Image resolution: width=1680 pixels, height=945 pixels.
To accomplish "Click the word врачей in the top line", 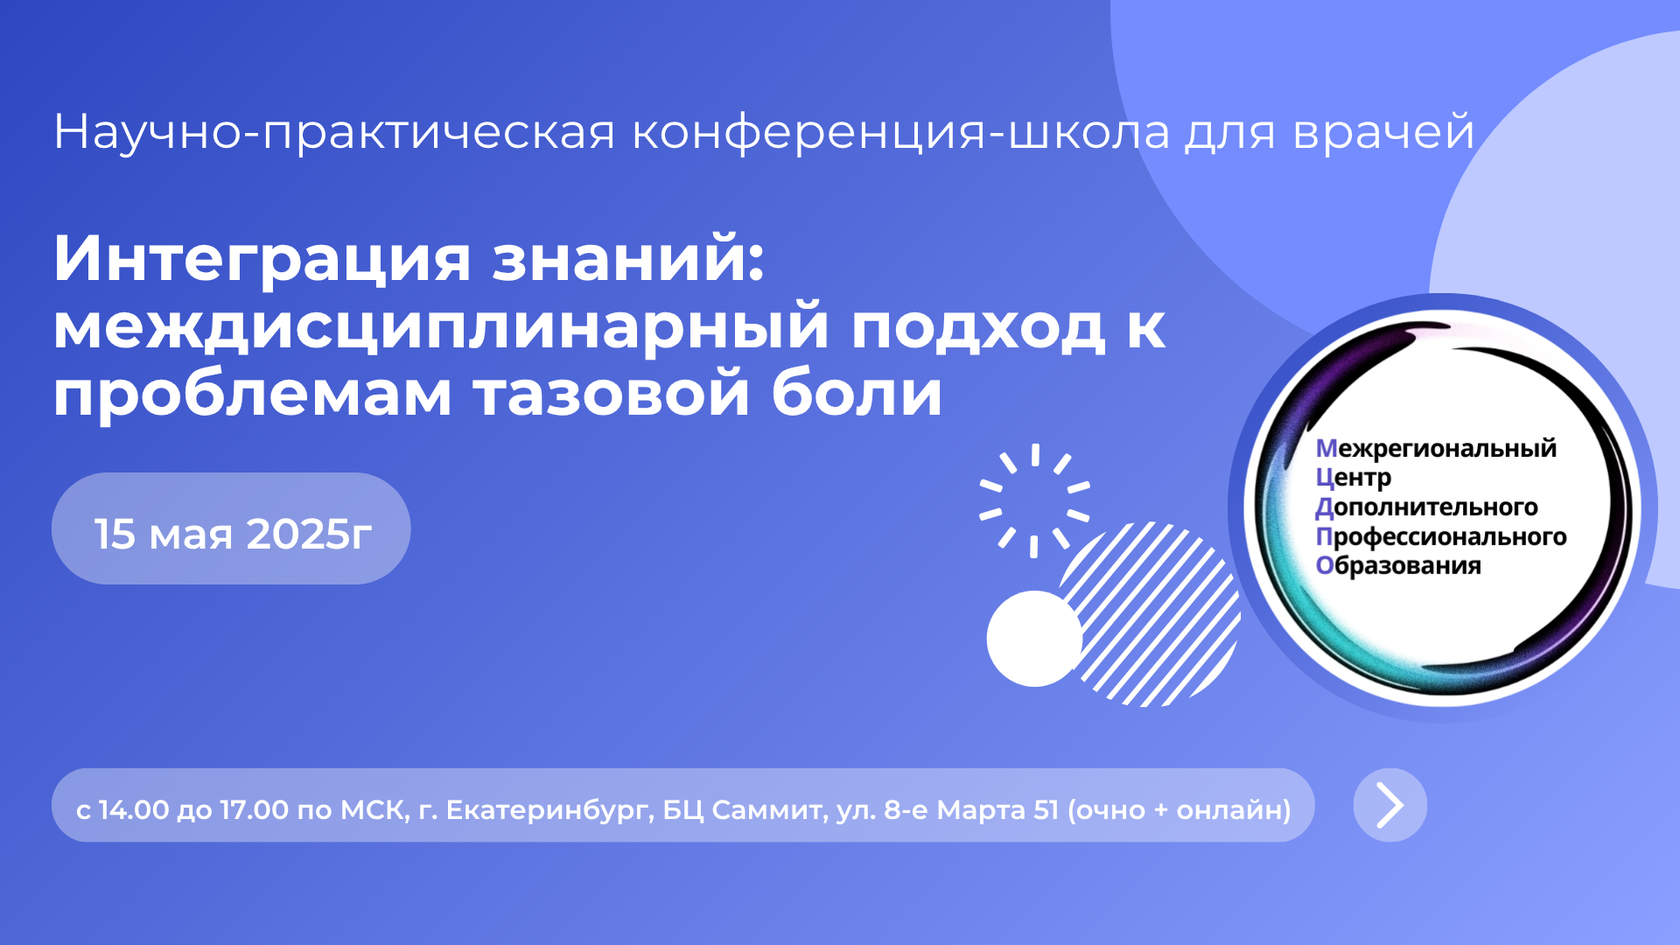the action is click(x=1383, y=132).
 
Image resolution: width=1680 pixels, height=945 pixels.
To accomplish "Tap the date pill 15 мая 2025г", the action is click(x=231, y=528).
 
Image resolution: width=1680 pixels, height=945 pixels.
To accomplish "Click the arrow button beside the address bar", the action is click(x=1389, y=805).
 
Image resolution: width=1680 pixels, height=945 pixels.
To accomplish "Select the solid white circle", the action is click(x=1034, y=639).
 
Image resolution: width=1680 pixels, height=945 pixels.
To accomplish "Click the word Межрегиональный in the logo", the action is click(x=1436, y=448).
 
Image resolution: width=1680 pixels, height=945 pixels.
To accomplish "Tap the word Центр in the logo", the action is click(x=1353, y=478).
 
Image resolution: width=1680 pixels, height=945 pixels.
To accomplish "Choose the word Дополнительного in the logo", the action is click(x=1426, y=507).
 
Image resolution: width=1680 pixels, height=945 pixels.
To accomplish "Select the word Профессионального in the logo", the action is click(x=1441, y=536).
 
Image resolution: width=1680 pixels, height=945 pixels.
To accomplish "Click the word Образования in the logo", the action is click(x=1398, y=565).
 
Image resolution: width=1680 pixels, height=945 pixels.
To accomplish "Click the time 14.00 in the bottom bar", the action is click(x=134, y=810).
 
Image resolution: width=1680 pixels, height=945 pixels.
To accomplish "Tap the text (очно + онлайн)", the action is click(x=1179, y=810).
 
